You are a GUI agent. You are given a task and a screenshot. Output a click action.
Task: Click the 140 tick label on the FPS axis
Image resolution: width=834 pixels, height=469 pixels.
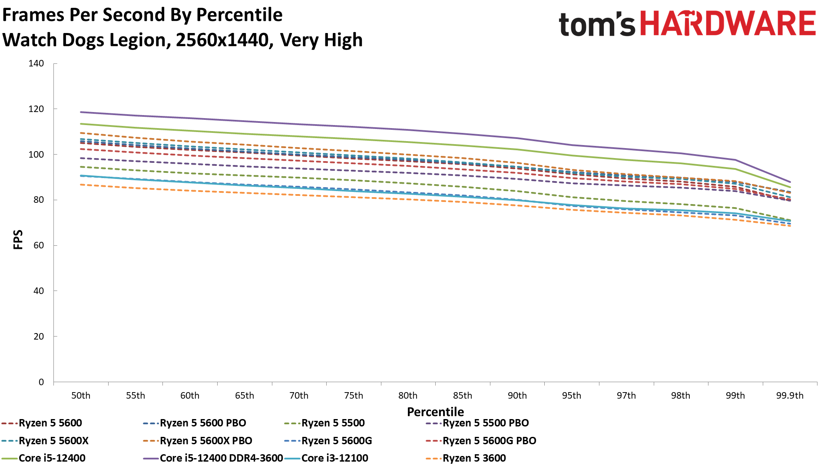pos(36,63)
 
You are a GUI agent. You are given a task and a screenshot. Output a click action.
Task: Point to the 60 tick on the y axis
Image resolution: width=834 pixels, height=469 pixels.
pos(39,245)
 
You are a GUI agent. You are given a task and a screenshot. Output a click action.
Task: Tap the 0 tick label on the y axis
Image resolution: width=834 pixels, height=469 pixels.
pos(41,382)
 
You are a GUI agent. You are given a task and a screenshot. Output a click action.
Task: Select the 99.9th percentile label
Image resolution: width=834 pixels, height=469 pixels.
pos(790,396)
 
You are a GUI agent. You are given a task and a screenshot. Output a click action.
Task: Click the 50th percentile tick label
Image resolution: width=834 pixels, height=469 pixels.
pos(81,396)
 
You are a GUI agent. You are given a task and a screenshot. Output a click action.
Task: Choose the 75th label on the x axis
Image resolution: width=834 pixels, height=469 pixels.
pos(354,396)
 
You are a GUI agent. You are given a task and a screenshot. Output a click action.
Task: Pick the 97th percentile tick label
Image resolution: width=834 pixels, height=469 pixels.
pos(626,396)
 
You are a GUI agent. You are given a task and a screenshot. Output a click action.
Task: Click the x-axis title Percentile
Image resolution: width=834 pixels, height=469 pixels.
pos(435,412)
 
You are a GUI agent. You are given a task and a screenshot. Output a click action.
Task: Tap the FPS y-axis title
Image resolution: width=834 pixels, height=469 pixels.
pos(18,240)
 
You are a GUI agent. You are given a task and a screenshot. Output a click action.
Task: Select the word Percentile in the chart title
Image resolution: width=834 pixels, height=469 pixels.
pos(239,15)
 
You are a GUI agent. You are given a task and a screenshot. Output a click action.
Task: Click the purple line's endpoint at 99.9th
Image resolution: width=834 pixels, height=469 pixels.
pos(790,182)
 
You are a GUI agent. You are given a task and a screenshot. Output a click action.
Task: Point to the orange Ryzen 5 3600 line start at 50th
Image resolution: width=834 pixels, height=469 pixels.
pos(81,185)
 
